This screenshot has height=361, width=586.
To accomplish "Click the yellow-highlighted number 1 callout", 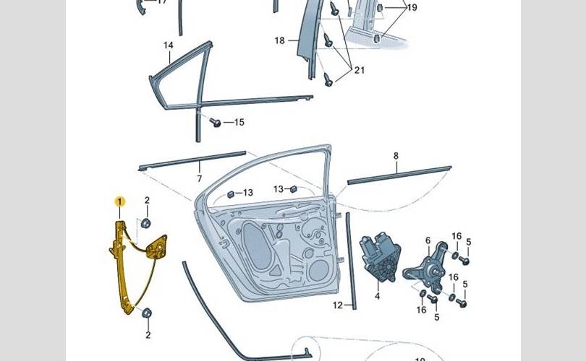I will [120, 201].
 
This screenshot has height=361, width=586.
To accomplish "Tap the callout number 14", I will [168, 45].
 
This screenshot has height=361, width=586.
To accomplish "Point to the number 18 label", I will [280, 40].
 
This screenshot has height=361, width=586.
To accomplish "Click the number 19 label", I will [412, 8].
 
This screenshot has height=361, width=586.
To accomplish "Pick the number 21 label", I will [359, 70].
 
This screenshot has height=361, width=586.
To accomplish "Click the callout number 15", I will [239, 123].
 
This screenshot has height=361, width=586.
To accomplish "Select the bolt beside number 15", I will [215, 123].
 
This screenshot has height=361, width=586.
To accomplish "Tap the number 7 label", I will [199, 178].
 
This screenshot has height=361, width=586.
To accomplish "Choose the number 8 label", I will [396, 156].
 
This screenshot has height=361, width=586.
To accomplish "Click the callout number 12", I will [337, 305].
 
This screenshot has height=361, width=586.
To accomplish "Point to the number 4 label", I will [377, 296].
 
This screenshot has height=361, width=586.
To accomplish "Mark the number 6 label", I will [428, 240].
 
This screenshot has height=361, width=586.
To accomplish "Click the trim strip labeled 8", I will [399, 175].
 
